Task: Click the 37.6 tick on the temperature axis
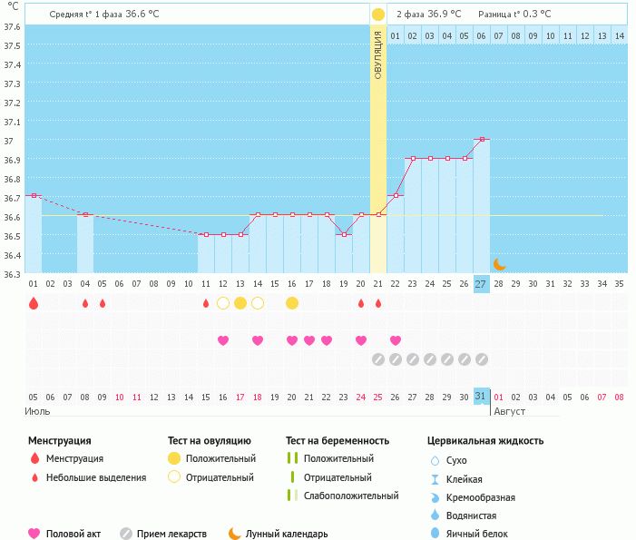coord(11,26)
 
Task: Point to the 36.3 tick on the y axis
coord(11,273)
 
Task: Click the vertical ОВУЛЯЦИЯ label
coord(378,54)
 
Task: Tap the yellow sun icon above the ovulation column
coord(378,15)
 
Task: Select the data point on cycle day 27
coord(481,140)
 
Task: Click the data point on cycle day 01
coord(34,195)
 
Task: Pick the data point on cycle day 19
coord(343,234)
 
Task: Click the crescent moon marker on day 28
coord(499,264)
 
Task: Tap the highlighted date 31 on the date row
coord(481,396)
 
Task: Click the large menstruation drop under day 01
coord(34,303)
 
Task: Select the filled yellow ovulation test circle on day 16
coord(291,303)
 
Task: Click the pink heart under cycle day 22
coord(395,340)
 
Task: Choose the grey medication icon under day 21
coord(378,359)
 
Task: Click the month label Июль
coord(37,411)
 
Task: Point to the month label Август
coord(509,411)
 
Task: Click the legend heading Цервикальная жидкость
coord(485,441)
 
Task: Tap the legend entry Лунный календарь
coord(286,534)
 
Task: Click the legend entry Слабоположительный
coord(351,496)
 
